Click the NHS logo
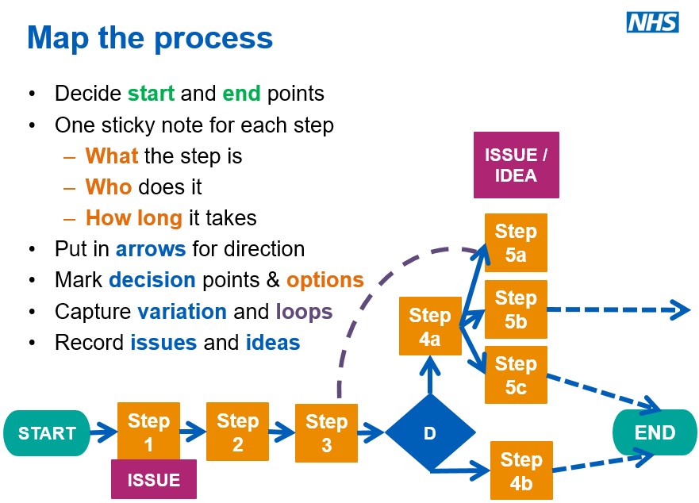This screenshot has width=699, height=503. pos(652,22)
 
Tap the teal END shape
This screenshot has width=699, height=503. pos(655,432)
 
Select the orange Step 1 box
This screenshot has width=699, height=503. pos(148,432)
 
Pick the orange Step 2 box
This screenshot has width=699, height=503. pos(237,432)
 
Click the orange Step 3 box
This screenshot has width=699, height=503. pos(326,432)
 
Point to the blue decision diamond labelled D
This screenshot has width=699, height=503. pos(430,433)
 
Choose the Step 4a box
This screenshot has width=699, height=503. pos(429,326)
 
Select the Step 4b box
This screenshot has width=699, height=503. pos(520,470)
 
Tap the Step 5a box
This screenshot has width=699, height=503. pos(516,242)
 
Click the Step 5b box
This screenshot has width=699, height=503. pos(516,309)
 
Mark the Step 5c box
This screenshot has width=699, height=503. pos(516,375)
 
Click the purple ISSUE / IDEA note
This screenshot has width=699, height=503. pos(516,165)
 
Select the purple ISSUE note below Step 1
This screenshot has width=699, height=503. pos(153,479)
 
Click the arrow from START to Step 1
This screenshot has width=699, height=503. pos(103,433)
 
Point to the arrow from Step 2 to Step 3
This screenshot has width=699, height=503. pos(282,432)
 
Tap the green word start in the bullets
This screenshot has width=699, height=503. pos(151,94)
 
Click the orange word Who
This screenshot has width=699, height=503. pos(109,186)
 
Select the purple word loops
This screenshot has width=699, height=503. pos(304,311)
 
